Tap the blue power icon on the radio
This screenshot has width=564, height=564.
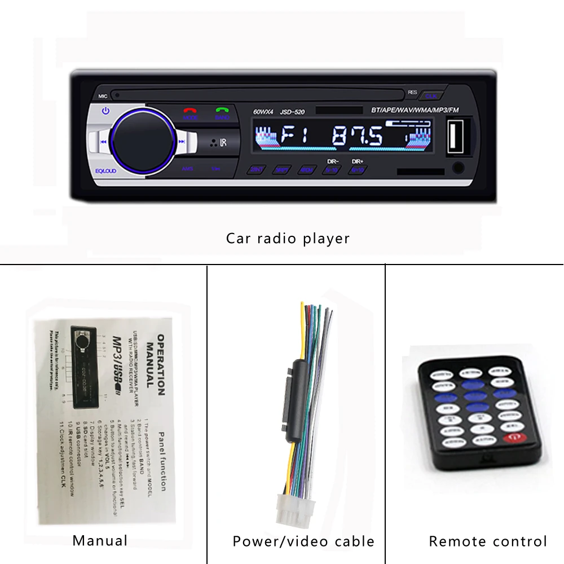coord(105,111)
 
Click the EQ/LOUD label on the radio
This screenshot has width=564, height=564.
coord(105,171)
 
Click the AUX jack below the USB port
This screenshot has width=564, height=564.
coord(459,168)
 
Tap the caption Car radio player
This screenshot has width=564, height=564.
coord(288,238)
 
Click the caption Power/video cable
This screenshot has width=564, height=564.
coord(303,541)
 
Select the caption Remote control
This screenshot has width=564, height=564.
coord(488,541)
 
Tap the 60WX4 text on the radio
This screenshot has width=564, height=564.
coord(263,112)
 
